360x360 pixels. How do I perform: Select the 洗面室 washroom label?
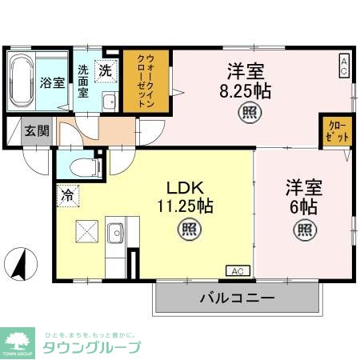[84, 80]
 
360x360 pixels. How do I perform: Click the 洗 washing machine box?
[105, 70]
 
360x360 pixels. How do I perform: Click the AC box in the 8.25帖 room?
[343, 65]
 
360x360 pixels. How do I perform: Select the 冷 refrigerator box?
[68, 194]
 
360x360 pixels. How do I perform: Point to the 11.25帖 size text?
[186, 207]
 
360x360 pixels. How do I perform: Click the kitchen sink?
[114, 232]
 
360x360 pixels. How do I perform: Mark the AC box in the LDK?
[238, 270]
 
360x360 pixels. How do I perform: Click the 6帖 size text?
[304, 207]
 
